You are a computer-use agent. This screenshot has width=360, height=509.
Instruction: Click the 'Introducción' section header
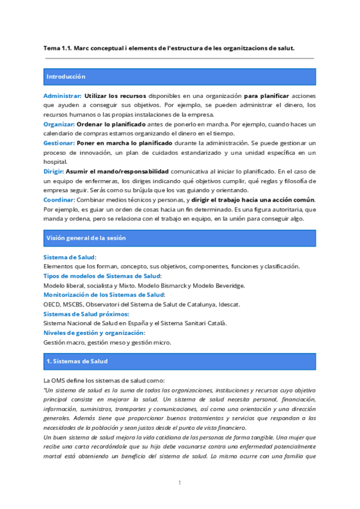tap(66, 77)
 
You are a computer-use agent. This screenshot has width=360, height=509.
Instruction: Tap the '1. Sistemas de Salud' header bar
tap(77, 361)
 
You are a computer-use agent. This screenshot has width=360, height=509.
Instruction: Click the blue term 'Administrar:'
tap(62, 96)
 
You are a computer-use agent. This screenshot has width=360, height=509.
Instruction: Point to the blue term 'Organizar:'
tap(58, 124)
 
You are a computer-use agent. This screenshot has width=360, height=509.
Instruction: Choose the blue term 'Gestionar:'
tap(59, 143)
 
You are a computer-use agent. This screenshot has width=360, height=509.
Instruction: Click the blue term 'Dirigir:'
tap(53, 171)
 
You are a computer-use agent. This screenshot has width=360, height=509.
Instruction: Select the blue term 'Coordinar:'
tap(59, 199)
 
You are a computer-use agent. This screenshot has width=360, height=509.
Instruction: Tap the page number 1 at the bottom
tap(179, 483)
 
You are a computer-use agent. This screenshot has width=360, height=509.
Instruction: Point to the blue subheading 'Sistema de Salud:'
tap(70, 257)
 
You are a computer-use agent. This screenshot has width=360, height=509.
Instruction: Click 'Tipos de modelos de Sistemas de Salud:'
tap(102, 276)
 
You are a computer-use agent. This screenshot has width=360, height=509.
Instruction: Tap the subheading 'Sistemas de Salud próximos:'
tap(86, 314)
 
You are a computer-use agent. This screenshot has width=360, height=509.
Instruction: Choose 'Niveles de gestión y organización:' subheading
tap(94, 333)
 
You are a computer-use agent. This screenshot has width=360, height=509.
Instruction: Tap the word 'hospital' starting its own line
tap(55, 162)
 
